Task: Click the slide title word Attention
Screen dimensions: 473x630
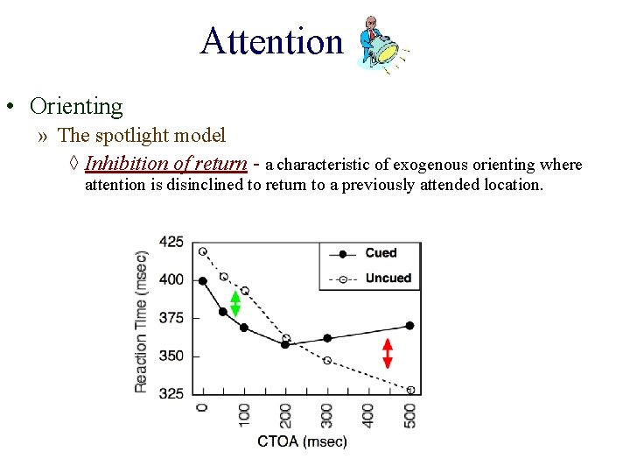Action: (271, 41)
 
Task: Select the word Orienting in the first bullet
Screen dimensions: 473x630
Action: (76, 107)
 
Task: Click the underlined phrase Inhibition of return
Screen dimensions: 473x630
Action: (165, 164)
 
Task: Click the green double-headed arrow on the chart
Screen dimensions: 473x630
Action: (234, 302)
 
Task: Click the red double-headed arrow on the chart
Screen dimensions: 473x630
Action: (388, 353)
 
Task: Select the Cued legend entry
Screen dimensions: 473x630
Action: (381, 253)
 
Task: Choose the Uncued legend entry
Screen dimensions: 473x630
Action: (387, 279)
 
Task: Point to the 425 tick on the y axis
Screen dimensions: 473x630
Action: (171, 242)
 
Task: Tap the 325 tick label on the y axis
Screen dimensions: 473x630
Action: (171, 393)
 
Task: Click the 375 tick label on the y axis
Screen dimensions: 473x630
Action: (171, 318)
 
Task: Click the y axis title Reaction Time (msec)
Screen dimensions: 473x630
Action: (142, 320)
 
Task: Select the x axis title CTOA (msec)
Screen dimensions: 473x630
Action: (302, 441)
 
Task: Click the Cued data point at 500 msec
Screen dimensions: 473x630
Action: (409, 325)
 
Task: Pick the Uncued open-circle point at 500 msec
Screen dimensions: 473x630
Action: (410, 390)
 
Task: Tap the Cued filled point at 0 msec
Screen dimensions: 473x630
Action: (203, 281)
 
